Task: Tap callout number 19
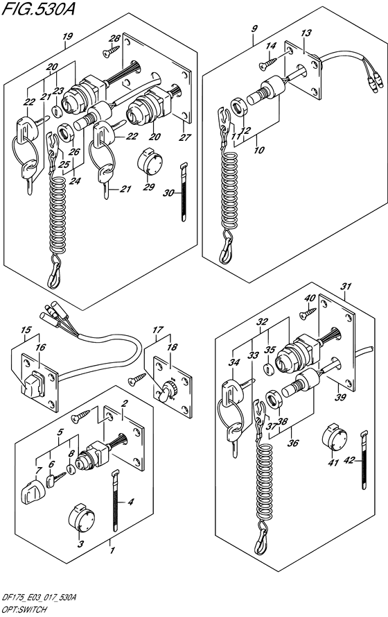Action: [67, 37]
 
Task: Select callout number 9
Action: [255, 28]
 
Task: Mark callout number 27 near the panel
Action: [185, 137]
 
